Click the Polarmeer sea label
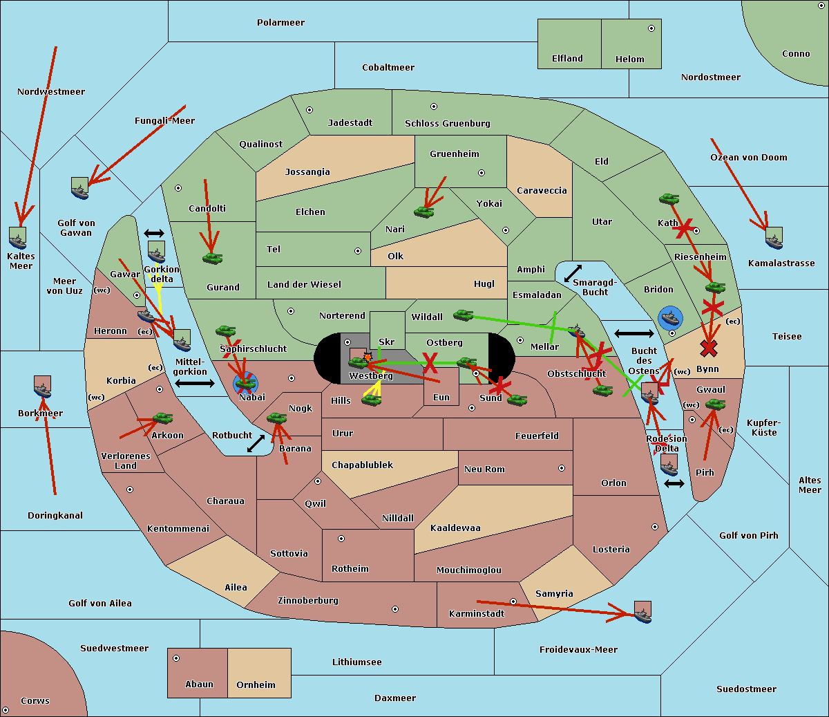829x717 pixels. coord(280,23)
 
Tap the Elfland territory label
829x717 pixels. coord(567,59)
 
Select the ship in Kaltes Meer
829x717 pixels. coord(18,238)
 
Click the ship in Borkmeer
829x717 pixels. coord(43,387)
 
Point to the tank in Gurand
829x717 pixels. coord(212,259)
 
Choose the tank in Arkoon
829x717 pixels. coord(162,418)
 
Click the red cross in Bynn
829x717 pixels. coord(708,348)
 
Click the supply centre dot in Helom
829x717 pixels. coord(651,28)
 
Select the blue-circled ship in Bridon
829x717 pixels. coord(670,319)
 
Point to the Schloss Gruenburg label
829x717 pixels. coord(447,124)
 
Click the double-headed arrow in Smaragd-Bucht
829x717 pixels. coord(573,274)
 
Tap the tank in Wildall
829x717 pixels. coord(463,315)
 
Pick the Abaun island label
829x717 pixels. coord(199,685)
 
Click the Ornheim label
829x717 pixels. coord(256,685)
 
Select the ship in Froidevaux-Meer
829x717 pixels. coord(642,613)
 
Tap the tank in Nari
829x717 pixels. coord(423,212)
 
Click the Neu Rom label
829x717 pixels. coord(484,469)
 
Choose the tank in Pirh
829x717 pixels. coord(715,404)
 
